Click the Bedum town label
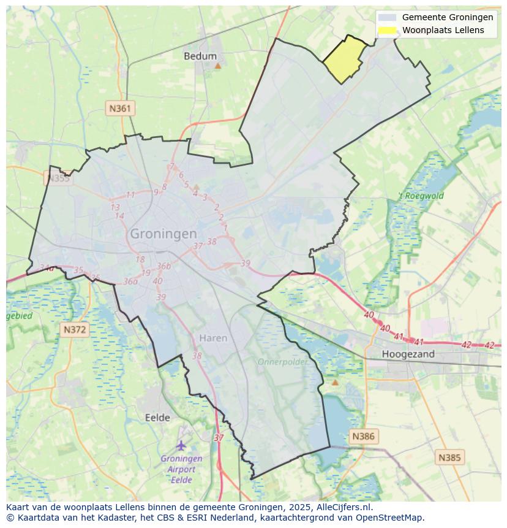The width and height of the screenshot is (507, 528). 200,56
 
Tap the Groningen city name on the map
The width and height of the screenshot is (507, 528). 163,234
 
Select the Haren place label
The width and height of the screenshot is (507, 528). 213,338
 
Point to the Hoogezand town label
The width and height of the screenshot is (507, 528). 408,354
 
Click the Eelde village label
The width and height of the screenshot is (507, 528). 157,418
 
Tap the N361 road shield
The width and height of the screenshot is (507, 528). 119,109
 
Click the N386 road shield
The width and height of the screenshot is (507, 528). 363,436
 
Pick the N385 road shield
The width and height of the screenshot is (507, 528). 450,457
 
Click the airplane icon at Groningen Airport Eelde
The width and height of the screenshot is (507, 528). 181,445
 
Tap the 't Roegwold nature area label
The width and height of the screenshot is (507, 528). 421,196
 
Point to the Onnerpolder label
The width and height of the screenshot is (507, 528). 282,362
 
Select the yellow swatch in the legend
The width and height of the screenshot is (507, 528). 387,30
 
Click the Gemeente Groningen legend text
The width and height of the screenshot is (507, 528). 447,18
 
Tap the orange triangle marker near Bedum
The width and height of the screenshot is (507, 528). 217,65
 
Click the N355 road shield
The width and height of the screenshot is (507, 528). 58,178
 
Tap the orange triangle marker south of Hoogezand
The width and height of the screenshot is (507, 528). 334,382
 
